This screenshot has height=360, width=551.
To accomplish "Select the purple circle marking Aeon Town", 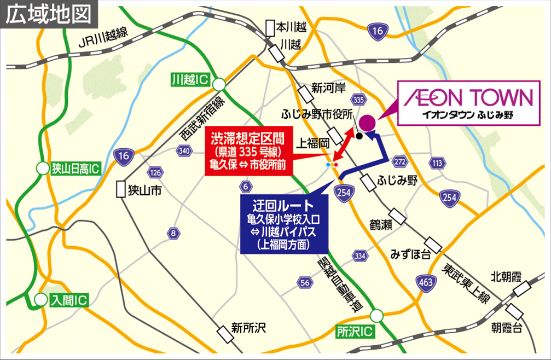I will (367, 122).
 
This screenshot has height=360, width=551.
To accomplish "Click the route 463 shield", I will (426, 283).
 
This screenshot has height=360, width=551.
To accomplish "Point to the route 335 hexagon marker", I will (358, 100).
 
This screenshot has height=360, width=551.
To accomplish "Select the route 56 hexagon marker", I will (305, 282).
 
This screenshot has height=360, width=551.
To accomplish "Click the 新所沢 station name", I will (247, 328).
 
